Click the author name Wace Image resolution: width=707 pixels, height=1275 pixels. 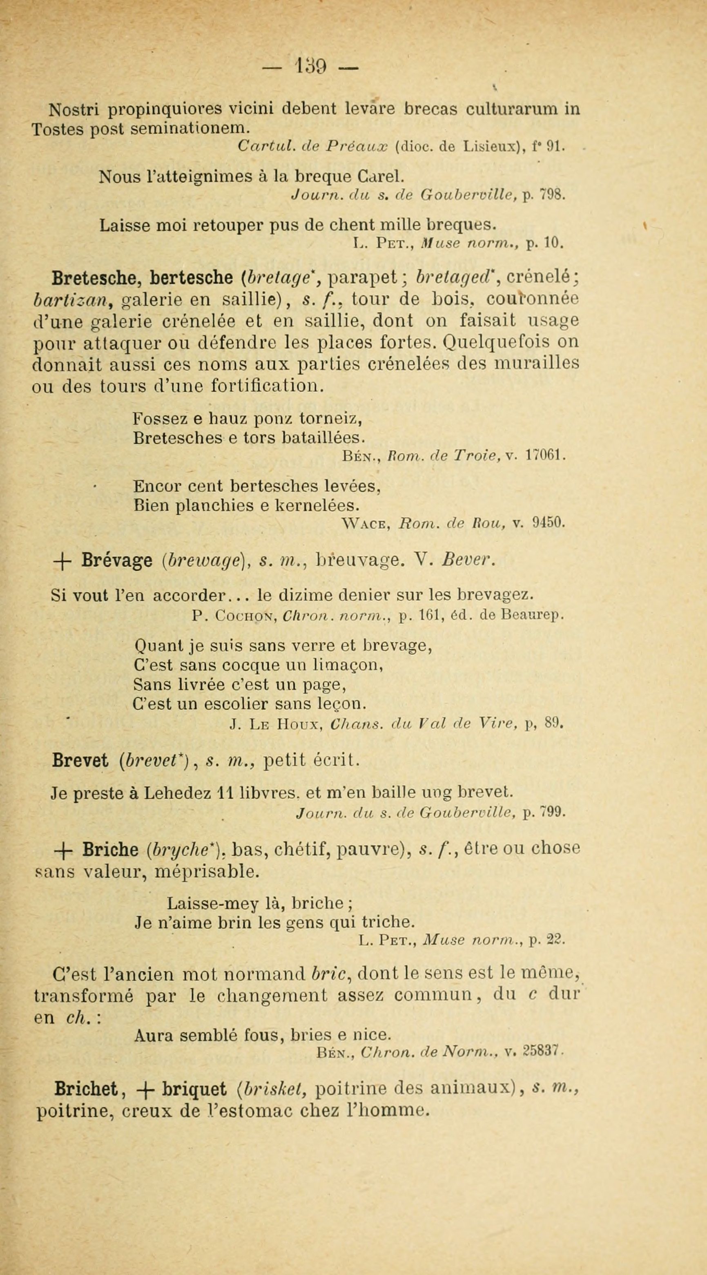point(366,523)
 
